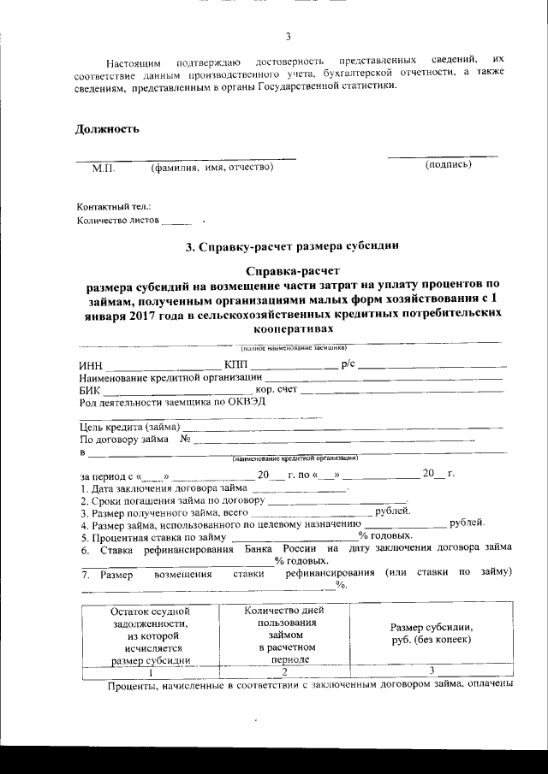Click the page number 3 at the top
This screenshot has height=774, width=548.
288,36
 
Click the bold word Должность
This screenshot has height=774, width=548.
107,129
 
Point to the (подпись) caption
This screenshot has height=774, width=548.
448,164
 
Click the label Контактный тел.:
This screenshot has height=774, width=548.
114,207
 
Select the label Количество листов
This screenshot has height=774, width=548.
118,220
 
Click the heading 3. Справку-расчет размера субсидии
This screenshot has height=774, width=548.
293,248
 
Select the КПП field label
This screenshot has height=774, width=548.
235,365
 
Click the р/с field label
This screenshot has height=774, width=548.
348,365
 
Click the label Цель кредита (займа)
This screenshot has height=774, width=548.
129,427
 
